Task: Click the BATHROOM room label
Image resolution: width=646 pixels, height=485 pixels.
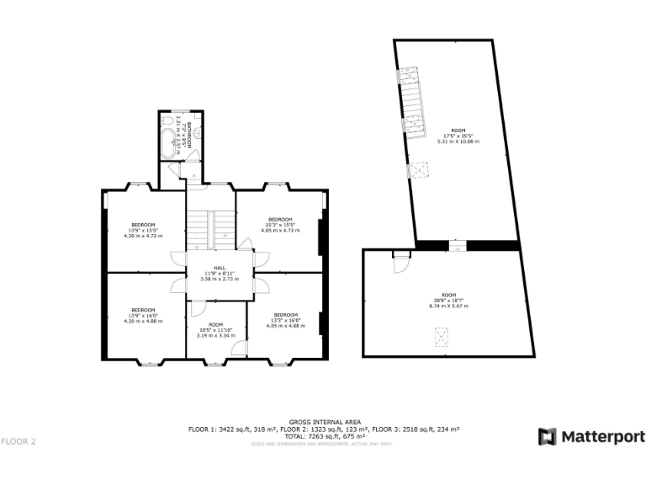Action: pos(190,135)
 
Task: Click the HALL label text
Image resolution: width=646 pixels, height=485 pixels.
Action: pos(218,268)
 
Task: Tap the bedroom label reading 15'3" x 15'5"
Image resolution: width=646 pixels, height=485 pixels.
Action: pos(279,225)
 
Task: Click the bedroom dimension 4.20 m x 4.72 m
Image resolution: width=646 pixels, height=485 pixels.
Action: pos(142,236)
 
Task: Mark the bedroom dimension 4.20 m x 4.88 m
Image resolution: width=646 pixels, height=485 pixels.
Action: pos(142,321)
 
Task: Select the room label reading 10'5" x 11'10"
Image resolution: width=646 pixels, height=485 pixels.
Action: pos(215,330)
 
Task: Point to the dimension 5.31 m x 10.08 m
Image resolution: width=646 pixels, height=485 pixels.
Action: pos(458,141)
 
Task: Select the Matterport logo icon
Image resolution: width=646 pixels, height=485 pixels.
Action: pos(548,437)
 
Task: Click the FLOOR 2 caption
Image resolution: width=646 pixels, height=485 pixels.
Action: pos(19,441)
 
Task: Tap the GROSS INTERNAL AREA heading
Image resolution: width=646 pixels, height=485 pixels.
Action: pos(325,421)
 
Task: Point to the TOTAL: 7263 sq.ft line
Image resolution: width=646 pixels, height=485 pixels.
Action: pos(325,436)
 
